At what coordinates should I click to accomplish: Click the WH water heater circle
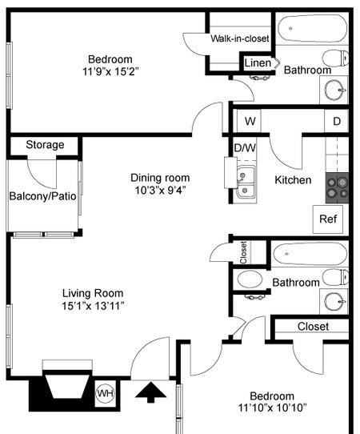coord(105,393)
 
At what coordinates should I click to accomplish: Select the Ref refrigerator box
coord(328,219)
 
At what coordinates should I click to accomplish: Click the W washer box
coord(250,122)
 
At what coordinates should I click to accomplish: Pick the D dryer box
coord(337,122)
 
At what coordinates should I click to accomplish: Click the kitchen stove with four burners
coord(337,187)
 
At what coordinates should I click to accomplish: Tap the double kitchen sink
coord(246,183)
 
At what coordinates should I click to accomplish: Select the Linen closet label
coord(258,63)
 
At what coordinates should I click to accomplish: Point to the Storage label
coord(45,145)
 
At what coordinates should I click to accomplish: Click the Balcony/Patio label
coord(43,196)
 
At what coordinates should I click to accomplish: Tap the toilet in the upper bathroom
coord(336,58)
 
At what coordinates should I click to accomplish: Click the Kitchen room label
coord(293,180)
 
